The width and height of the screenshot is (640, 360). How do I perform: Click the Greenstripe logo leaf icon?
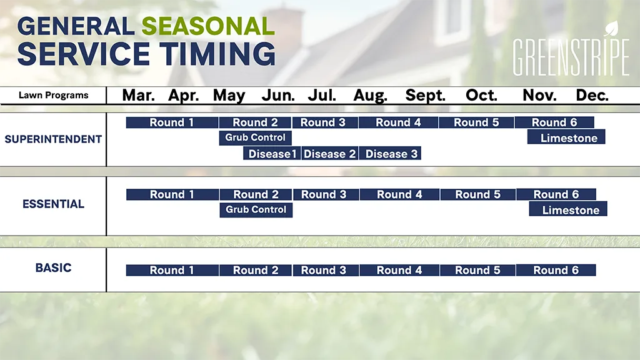611,29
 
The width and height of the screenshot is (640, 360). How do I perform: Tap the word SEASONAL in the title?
208,26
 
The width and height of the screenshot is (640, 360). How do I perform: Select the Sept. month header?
425,96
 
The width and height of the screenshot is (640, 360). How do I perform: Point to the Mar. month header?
138,96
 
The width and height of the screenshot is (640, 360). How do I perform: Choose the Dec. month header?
592,96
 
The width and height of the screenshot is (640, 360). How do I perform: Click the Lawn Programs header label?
54,96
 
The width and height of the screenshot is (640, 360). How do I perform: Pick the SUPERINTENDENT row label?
53,139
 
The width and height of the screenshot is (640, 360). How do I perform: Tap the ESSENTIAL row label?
54,204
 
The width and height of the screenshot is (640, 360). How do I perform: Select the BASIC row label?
54,267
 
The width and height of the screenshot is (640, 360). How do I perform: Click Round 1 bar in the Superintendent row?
172,122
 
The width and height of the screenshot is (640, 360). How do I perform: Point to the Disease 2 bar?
330,154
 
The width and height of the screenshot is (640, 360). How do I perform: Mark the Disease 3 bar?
390,154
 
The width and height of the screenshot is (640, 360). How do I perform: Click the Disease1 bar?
272,154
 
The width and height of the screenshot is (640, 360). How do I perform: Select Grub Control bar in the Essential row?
256,210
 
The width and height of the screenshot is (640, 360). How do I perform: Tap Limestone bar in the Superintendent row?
566,137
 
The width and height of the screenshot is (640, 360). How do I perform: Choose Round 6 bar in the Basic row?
556,270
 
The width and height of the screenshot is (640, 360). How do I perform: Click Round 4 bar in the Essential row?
399,195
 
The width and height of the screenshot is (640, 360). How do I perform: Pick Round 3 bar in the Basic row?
326,270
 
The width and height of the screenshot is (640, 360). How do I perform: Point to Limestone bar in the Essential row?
568,209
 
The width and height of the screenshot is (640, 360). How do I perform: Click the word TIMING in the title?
217,54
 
